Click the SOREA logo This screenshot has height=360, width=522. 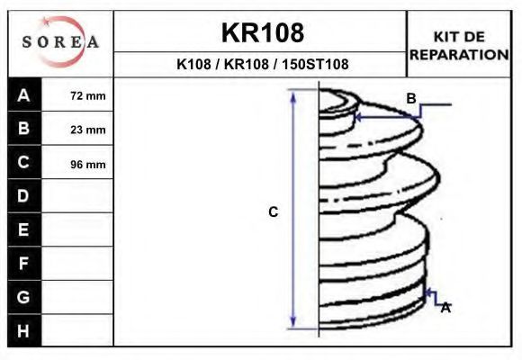point(60,41)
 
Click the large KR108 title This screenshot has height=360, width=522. point(263,32)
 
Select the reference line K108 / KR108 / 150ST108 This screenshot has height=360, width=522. point(262,64)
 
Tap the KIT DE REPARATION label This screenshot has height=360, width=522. point(459,46)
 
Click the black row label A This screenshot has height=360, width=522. point(24,94)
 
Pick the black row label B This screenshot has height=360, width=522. point(24,128)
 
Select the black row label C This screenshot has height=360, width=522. point(24,162)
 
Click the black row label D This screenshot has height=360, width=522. point(24,196)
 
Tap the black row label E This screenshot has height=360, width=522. point(24,229)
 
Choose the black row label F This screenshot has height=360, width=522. point(24,264)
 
